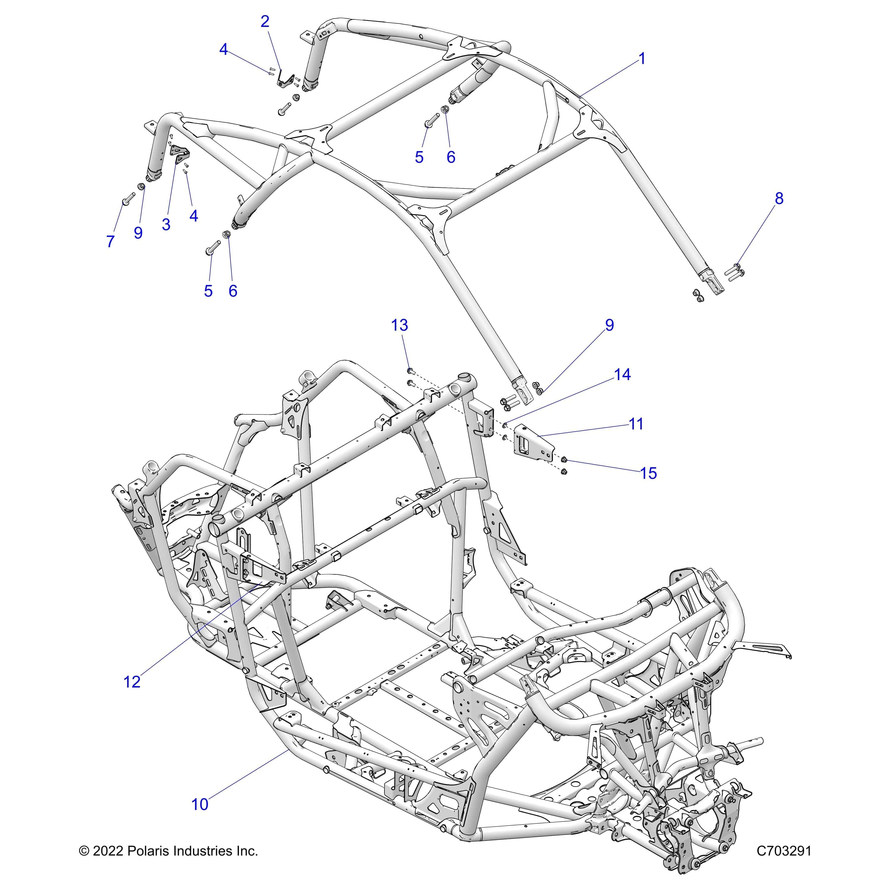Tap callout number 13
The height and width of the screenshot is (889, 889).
point(399,325)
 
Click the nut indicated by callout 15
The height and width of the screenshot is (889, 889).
point(564,459)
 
